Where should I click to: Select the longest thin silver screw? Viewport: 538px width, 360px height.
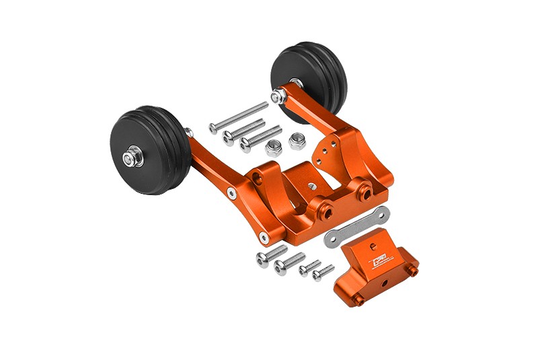click(239, 116)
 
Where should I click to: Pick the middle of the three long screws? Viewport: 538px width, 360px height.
click(243, 129)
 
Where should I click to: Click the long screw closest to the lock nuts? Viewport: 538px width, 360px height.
click(260, 137)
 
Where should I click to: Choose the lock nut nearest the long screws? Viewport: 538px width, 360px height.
click(274, 148)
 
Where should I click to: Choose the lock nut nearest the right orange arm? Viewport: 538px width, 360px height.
click(297, 141)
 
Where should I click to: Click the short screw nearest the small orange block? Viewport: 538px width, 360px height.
click(323, 273)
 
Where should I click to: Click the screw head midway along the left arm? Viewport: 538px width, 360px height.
click(231, 192)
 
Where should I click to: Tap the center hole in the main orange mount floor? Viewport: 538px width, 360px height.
click(311, 185)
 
